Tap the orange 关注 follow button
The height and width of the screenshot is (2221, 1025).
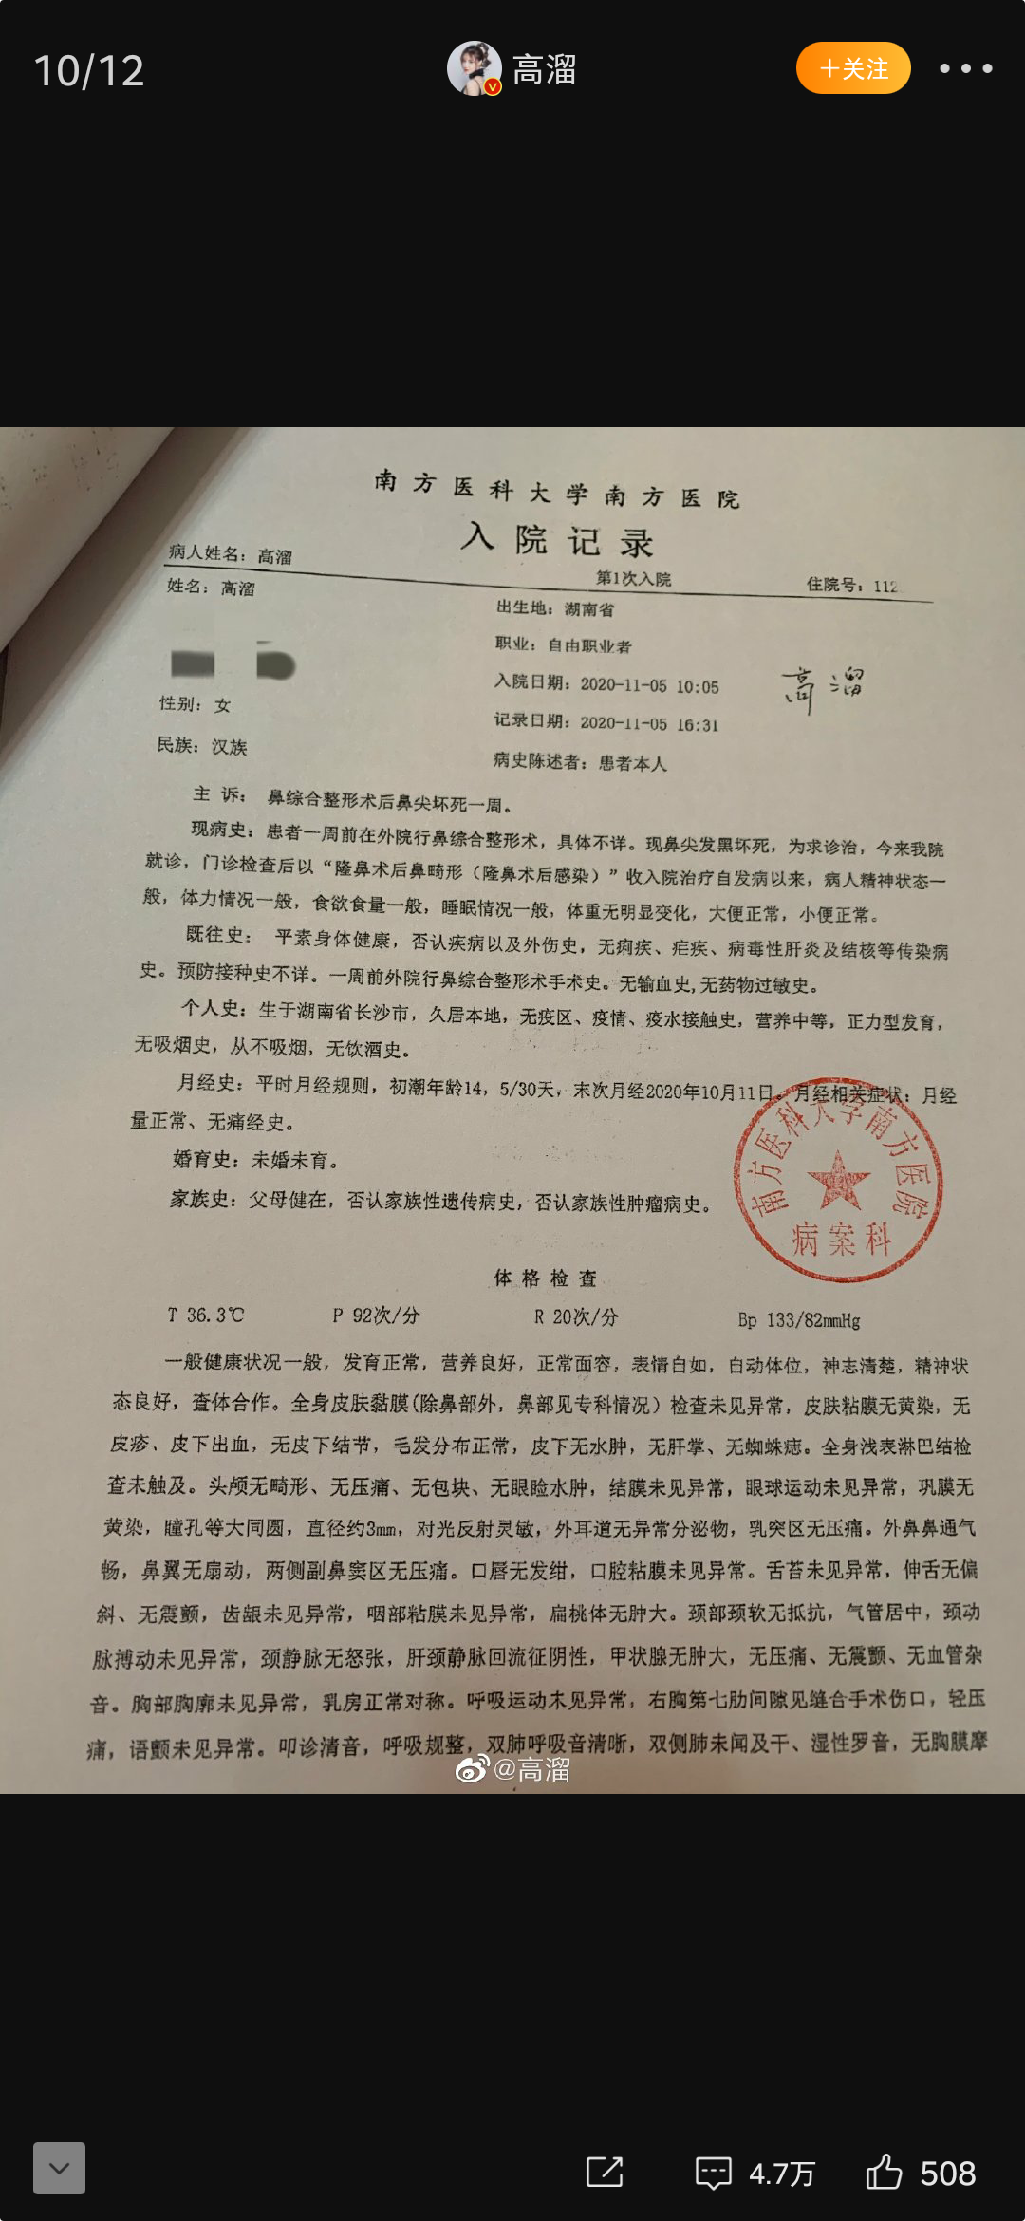point(853,68)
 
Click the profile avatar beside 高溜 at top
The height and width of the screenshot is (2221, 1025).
point(474,68)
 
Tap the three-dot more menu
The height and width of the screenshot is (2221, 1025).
point(965,68)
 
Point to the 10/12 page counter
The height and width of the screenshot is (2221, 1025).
point(89,71)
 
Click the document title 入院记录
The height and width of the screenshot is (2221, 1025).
point(557,540)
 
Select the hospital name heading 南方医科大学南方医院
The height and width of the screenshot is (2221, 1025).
point(556,490)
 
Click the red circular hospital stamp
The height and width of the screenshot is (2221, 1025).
point(838,1183)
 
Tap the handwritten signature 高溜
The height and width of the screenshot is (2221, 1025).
point(822,687)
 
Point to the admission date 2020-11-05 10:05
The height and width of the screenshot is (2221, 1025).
point(649,685)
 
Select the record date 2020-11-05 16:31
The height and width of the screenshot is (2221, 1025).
point(649,724)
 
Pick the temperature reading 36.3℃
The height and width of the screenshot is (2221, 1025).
point(214,1315)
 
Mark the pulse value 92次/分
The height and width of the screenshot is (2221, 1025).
point(385,1316)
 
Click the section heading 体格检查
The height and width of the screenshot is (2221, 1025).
point(545,1278)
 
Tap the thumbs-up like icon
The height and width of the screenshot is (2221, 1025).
point(884,2172)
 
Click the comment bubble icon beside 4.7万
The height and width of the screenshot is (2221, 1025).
point(713,2172)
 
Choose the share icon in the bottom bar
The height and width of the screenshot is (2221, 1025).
point(605,2172)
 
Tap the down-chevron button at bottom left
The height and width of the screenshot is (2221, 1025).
point(59,2168)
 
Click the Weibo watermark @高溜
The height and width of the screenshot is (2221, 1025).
point(513,1769)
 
